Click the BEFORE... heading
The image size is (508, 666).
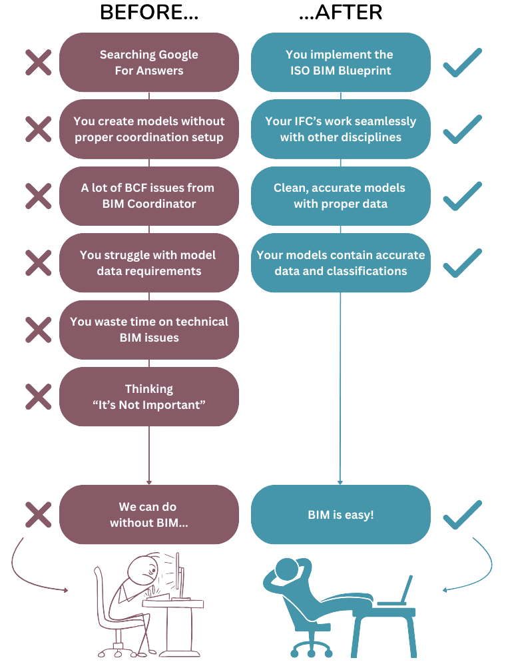coord(149,12)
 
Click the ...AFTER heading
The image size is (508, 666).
coord(341,12)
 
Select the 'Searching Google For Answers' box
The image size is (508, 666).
coord(149,63)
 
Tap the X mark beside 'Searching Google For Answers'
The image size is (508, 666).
coord(38,63)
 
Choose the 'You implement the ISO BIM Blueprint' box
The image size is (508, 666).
coord(341,63)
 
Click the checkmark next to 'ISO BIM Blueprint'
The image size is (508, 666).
coord(462,63)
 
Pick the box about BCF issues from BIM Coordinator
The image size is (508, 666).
coord(149,196)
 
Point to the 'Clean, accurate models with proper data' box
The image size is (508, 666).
coord(341,196)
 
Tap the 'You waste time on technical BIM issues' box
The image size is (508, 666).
coord(149,330)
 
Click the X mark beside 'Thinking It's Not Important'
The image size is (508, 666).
coord(38,397)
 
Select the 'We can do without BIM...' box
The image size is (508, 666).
coord(149,514)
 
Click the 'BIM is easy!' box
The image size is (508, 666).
coord(341,514)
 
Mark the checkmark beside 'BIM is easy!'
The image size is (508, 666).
coord(462,515)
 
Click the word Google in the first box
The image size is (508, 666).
coord(177,55)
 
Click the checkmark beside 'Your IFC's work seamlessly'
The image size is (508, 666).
coord(462,129)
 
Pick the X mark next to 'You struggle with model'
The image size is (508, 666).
coord(38,262)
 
